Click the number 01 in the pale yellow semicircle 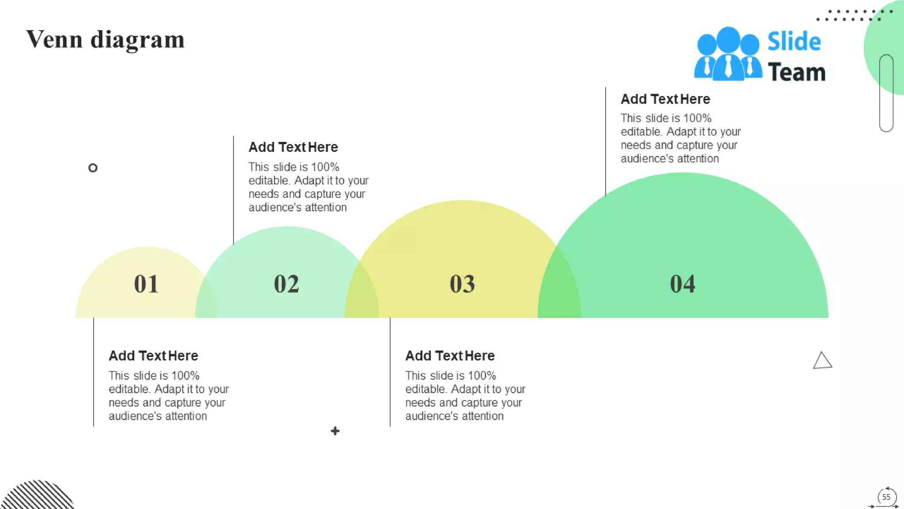coord(146,284)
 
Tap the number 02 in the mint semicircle coord(286,284)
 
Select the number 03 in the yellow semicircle coord(462,284)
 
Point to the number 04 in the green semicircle coord(682,284)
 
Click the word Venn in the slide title coord(54,39)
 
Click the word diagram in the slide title coord(137,40)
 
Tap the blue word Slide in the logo coord(794,42)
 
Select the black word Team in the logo coord(796,72)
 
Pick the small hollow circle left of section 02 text coord(93,168)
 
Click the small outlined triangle coord(822,361)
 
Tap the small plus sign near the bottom coord(335,431)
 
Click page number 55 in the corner coord(886,497)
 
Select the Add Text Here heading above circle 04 coord(665,99)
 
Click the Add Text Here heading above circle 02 coord(293,147)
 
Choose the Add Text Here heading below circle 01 coord(153,356)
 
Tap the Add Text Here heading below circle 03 coord(450,356)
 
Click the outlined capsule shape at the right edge coord(886,93)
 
